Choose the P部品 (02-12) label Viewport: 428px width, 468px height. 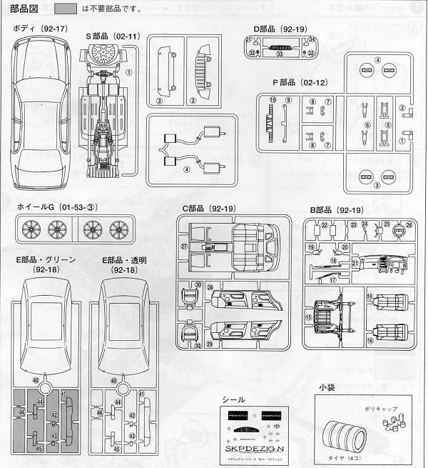pyautogui.click(x=298, y=82)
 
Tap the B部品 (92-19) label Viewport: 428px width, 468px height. pyautogui.click(x=337, y=209)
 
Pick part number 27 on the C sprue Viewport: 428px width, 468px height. pyautogui.click(x=183, y=247)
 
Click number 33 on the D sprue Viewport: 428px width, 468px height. pyautogui.click(x=280, y=53)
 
